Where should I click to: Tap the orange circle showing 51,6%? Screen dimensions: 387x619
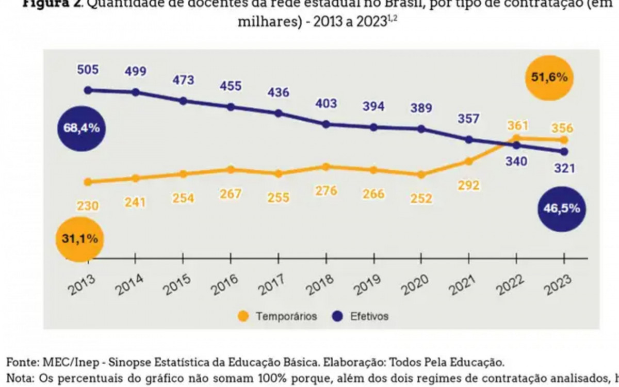(x=549, y=78)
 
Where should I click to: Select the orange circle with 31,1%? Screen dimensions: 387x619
(x=79, y=239)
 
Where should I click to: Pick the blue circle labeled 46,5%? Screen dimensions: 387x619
(x=562, y=208)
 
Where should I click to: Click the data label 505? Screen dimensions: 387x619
(x=88, y=70)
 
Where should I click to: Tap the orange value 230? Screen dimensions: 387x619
(x=88, y=205)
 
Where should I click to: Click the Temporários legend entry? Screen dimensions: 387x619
(x=279, y=316)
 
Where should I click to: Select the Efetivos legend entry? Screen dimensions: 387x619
(x=362, y=316)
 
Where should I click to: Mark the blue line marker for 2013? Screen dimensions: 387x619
(x=88, y=90)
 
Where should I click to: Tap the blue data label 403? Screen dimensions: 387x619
(x=326, y=103)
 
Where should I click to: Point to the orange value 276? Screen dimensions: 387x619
(x=326, y=191)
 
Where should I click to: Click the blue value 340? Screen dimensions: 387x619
(x=516, y=162)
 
